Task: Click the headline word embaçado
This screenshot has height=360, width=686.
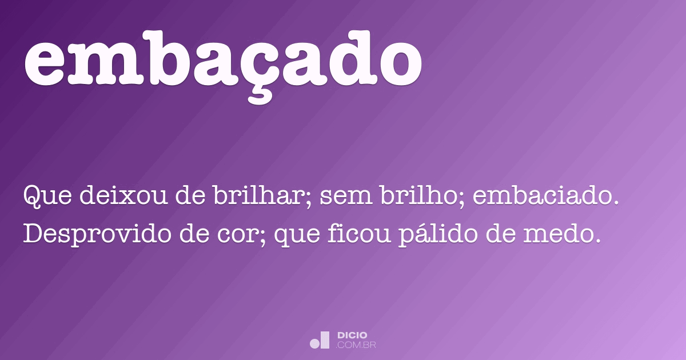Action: coord(223,60)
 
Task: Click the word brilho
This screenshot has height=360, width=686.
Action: coord(418,197)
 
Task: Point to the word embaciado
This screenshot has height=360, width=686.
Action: coord(546,197)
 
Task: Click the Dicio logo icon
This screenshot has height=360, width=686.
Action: coord(320,340)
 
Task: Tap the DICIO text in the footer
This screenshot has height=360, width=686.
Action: coord(352,335)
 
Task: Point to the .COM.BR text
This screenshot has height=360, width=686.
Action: coord(356,345)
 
